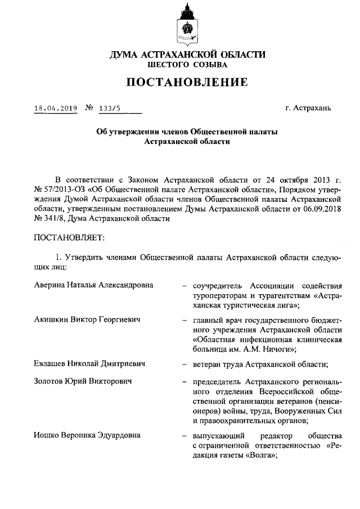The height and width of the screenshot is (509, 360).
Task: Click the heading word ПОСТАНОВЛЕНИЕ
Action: [187, 83]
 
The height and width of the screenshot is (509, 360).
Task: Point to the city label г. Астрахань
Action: [312, 108]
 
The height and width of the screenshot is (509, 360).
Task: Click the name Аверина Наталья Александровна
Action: [93, 286]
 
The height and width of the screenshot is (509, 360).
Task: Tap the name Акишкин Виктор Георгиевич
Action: [87, 319]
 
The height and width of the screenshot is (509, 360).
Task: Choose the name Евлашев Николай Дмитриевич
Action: [89, 364]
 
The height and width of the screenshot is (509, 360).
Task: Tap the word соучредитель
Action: [217, 286]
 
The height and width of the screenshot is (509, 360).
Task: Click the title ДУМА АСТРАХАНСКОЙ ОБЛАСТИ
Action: [187, 55]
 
